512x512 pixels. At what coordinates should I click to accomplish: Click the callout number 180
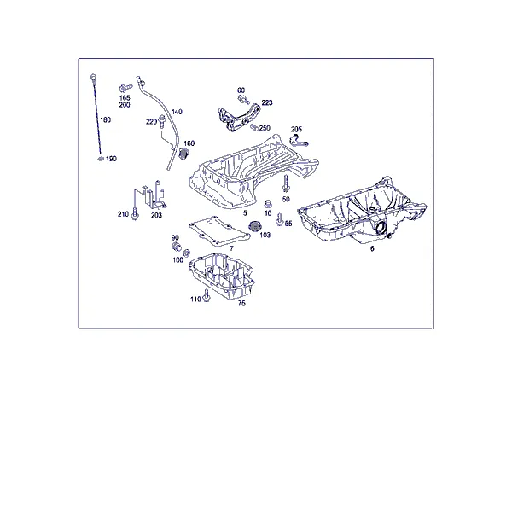click(106, 120)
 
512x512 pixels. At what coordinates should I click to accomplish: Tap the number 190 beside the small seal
click(111, 159)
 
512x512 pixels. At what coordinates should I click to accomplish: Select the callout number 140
click(177, 112)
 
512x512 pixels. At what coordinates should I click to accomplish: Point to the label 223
click(267, 102)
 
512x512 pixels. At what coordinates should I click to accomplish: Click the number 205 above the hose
click(296, 130)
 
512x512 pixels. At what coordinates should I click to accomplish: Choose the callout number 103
click(265, 236)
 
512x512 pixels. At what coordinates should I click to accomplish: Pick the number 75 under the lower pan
click(241, 303)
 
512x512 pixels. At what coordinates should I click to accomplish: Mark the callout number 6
click(372, 249)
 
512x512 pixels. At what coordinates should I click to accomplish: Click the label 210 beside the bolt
click(123, 214)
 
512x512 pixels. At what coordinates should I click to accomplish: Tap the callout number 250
click(265, 128)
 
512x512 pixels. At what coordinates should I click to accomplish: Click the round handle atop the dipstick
click(94, 78)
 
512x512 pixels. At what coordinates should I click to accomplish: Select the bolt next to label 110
click(206, 296)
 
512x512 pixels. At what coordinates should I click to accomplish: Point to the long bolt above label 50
click(286, 184)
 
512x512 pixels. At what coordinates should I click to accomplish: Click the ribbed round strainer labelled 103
click(255, 226)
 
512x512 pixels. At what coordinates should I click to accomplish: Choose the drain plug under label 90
click(177, 247)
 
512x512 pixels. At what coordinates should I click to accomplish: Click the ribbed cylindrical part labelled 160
click(185, 154)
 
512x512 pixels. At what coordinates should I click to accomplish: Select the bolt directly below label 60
click(244, 99)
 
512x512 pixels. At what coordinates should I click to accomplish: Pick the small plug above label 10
click(268, 203)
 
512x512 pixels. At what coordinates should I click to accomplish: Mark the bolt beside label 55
click(279, 219)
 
